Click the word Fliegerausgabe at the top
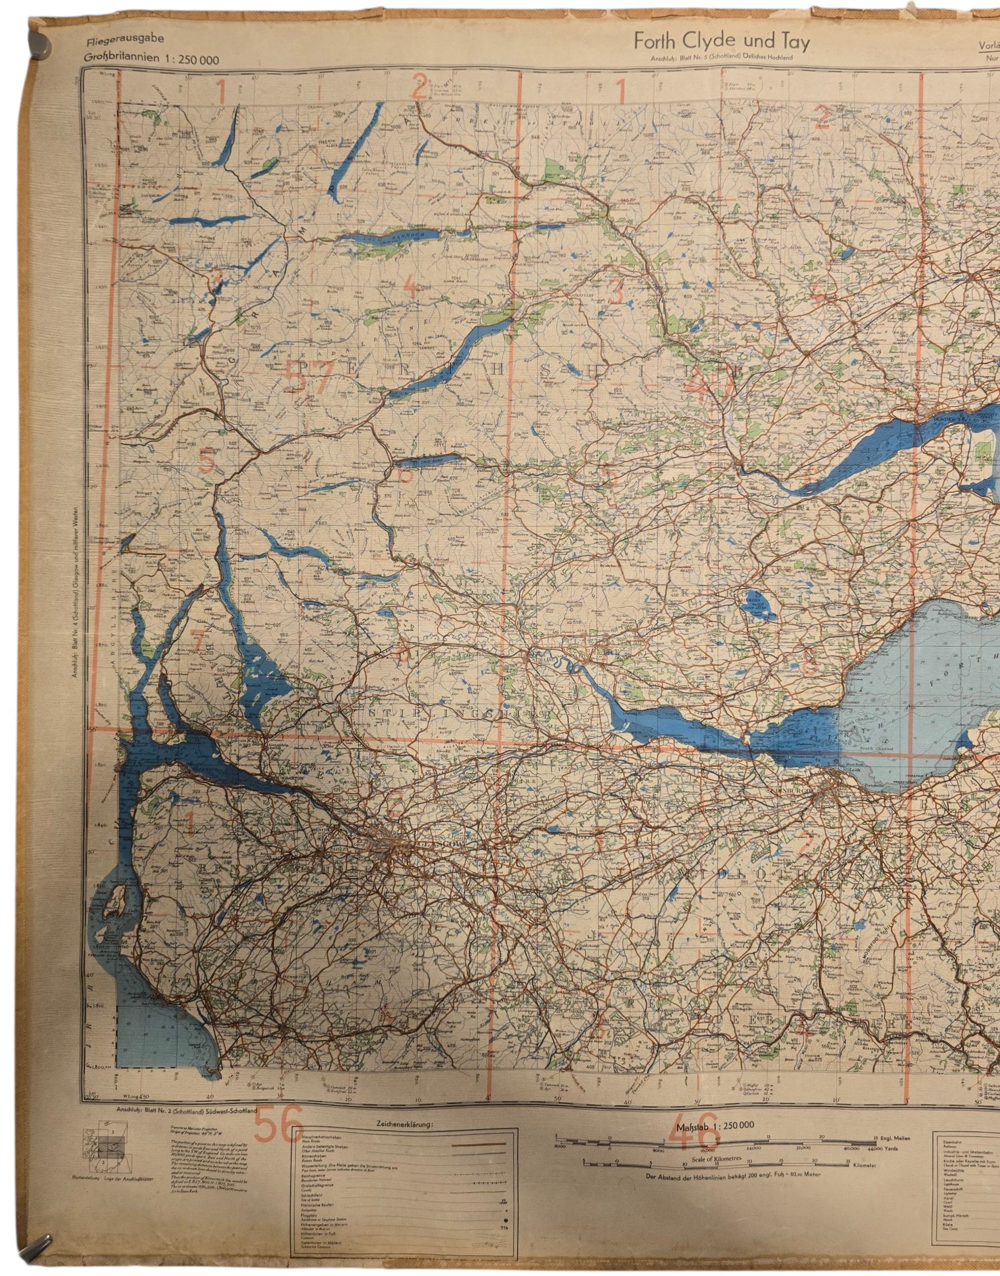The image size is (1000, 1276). pyautogui.click(x=125, y=40)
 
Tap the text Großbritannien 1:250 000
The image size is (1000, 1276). pyautogui.click(x=151, y=59)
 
